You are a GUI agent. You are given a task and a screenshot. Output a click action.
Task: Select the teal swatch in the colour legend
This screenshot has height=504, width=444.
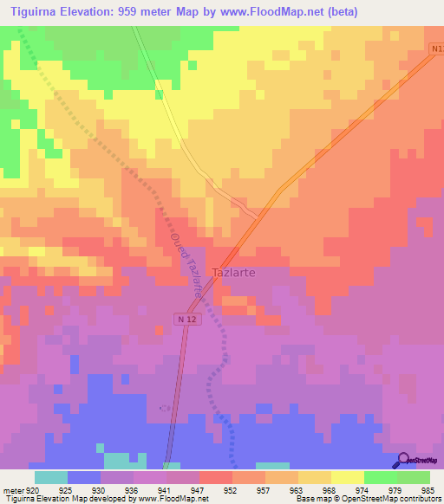[x=51, y=477]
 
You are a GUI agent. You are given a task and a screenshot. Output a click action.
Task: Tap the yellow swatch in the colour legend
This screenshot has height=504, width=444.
[x=347, y=477]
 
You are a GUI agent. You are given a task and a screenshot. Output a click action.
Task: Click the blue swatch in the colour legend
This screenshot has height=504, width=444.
[x=84, y=477]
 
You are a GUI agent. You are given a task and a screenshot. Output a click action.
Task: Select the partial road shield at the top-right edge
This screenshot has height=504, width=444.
[x=436, y=49]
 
